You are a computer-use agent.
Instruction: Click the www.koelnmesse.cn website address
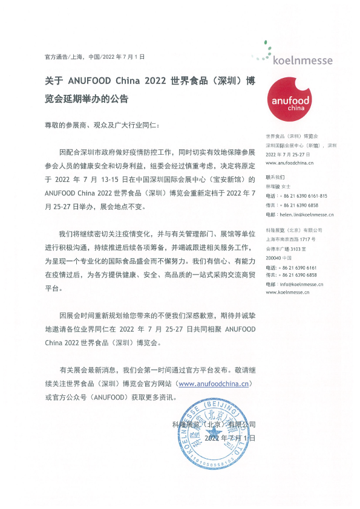(288, 292)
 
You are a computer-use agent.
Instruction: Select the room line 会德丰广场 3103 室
(287, 248)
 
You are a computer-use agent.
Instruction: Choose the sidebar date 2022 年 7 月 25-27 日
(287, 155)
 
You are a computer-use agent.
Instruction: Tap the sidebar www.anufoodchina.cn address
(289, 163)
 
